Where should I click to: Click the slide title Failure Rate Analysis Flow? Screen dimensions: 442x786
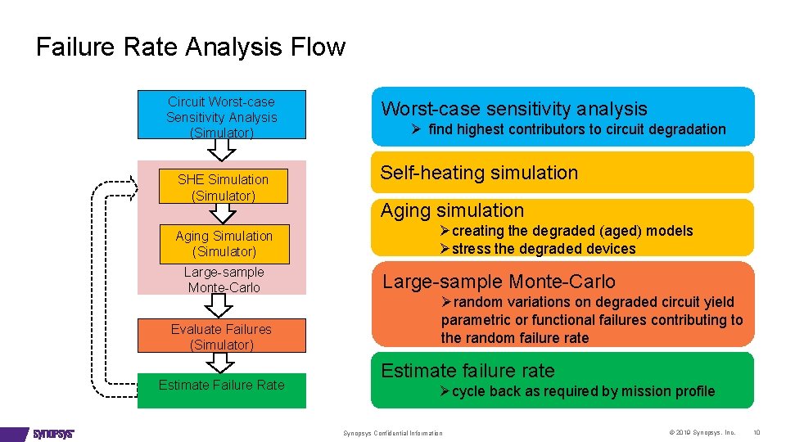tap(191, 47)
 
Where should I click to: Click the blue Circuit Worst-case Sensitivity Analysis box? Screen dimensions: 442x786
tap(221, 116)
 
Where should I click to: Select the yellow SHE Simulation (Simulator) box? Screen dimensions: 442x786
tap(223, 187)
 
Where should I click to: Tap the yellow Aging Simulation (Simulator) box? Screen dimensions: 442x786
tap(223, 244)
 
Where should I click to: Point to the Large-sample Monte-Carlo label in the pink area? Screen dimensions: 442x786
tap(224, 280)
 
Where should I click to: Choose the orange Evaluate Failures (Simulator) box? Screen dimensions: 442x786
tap(221, 336)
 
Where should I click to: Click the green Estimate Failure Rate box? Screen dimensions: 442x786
tap(221, 389)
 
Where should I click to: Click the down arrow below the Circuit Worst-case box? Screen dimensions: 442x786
tap(221, 149)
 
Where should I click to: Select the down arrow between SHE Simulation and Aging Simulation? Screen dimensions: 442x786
tap(223, 213)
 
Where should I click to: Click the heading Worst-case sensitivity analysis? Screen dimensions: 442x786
tap(513, 109)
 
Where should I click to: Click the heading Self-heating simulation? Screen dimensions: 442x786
tap(479, 173)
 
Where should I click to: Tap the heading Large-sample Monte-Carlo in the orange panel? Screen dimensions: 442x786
tap(499, 282)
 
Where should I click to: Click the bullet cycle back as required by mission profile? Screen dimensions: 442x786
tap(577, 391)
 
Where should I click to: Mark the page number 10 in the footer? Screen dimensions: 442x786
tap(757, 432)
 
